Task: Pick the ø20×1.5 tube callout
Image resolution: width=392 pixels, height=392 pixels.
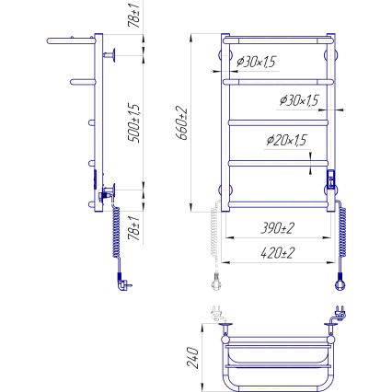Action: pos(285,140)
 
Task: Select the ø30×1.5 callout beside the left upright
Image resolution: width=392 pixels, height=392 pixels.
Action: pos(258,62)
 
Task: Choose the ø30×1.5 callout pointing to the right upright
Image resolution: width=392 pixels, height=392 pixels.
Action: pos(298,99)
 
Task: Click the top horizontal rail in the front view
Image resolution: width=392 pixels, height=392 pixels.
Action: pos(276,40)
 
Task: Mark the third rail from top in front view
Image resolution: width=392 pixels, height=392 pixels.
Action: pos(276,121)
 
